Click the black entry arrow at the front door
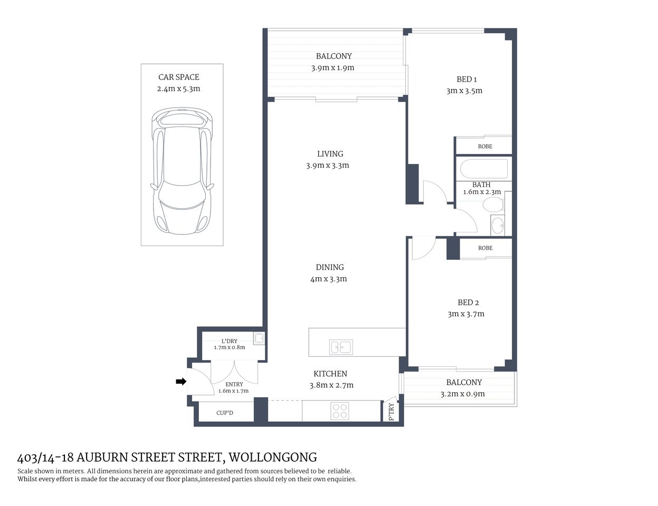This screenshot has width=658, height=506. point(180,381)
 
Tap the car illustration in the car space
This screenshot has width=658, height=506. point(182,171)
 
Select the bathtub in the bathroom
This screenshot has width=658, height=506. point(483,169)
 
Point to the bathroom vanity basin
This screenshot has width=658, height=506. point(497,226)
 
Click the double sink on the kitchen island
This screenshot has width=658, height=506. point(341,347)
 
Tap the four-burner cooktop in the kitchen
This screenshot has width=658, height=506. point(340,411)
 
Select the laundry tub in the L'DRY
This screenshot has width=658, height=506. point(259,338)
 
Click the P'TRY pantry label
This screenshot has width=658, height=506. point(391,412)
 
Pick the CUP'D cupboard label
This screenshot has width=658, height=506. point(225,413)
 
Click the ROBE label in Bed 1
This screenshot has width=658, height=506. point(485,146)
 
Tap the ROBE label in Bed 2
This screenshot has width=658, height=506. point(485,248)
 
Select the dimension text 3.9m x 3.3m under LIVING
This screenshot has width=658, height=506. point(327,166)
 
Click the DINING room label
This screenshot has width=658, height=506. point(330,267)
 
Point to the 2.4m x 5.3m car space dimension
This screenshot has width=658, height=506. point(178,89)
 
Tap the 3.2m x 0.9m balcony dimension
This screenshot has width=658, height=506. point(462,394)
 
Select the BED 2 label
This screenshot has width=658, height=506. point(468,303)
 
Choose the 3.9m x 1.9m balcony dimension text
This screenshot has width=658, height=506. point(332,67)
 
